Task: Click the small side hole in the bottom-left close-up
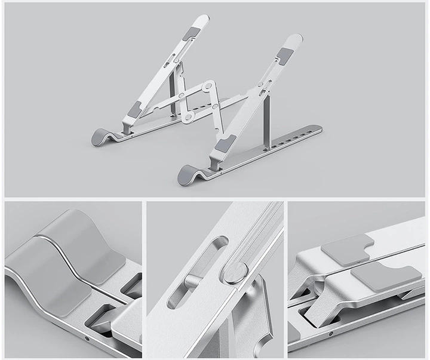(x=88, y=338)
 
